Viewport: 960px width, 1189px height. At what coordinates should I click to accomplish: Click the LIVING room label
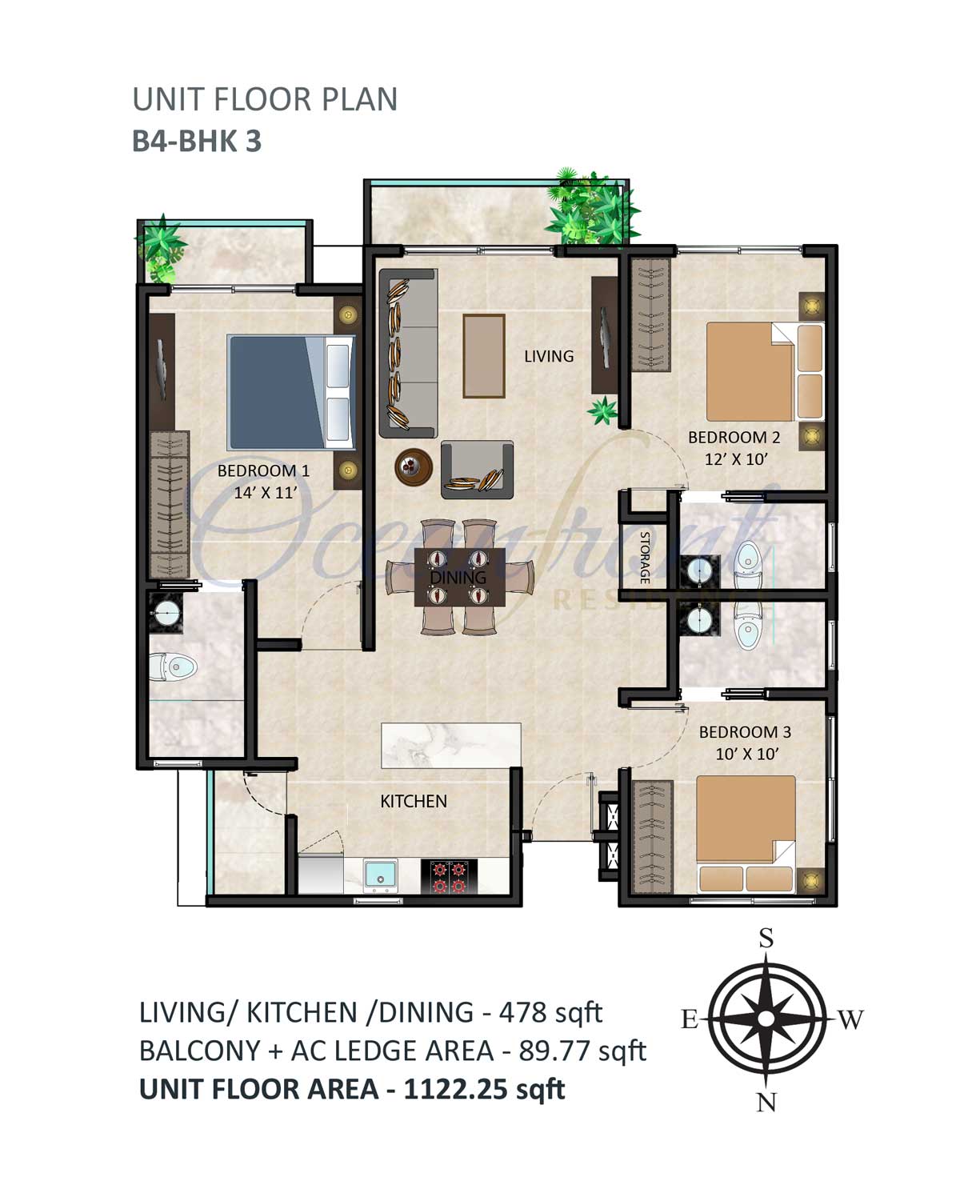549,356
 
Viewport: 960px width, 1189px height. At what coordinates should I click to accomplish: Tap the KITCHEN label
414,802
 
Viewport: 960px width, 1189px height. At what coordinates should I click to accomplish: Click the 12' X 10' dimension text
736,459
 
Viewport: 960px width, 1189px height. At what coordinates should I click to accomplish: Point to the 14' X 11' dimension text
265,493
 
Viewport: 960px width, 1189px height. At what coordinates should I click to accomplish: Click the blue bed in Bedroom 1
291,392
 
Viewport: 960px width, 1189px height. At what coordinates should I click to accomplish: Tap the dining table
460,577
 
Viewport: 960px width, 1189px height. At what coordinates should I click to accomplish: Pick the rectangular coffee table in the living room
484,356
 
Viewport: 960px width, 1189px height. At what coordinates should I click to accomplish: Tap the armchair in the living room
478,470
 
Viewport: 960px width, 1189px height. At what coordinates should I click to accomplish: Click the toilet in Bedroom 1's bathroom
173,667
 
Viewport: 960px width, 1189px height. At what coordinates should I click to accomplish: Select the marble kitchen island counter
451,745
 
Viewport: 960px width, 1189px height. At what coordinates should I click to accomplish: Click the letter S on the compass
767,939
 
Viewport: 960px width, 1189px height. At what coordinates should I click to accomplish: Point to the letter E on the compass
690,1020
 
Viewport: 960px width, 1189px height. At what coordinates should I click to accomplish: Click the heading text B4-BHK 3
197,142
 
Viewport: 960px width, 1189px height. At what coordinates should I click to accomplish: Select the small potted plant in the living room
602,410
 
